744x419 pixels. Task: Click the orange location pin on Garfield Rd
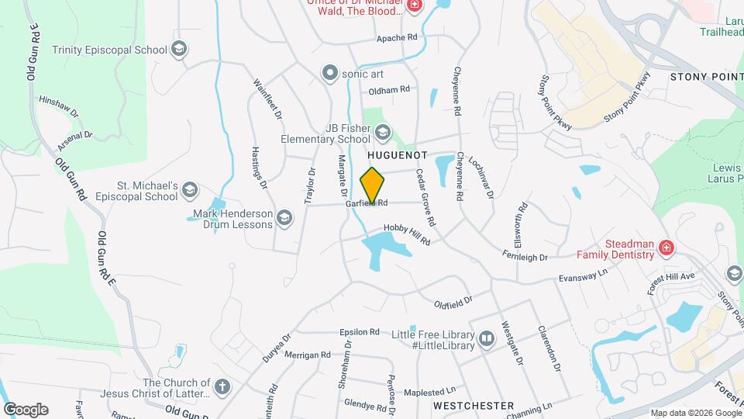373,185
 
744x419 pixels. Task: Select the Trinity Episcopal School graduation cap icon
180,50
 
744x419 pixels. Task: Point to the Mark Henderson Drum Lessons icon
285,217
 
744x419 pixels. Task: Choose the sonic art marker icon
331,73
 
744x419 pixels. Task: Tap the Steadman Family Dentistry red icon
665,248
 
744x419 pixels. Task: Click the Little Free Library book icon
487,338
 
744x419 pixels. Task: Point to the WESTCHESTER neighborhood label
473,406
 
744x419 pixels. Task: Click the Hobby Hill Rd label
407,235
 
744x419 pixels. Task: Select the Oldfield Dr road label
453,299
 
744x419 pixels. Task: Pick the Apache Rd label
397,37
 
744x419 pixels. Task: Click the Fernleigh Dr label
525,256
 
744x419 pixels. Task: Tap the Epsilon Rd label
360,331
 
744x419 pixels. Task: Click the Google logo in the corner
26,410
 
